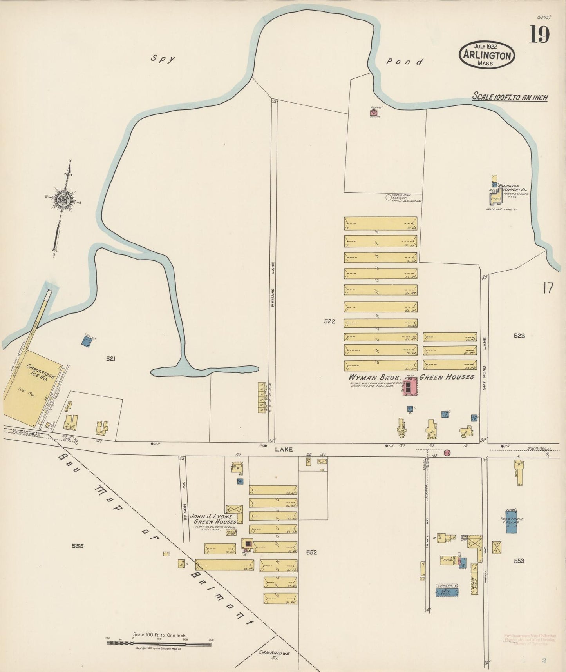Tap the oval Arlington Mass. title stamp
pyautogui.click(x=487, y=54)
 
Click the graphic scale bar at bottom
pyautogui.click(x=159, y=643)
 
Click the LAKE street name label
pyautogui.click(x=284, y=450)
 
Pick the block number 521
pyautogui.click(x=111, y=358)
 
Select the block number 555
pyautogui.click(x=78, y=546)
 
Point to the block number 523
pyautogui.click(x=519, y=336)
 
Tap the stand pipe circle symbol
pyautogui.click(x=389, y=198)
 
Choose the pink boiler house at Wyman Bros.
pyautogui.click(x=409, y=387)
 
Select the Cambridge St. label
pyautogui.click(x=274, y=655)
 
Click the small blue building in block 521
pyautogui.click(x=87, y=341)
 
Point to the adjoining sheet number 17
pyautogui.click(x=548, y=288)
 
